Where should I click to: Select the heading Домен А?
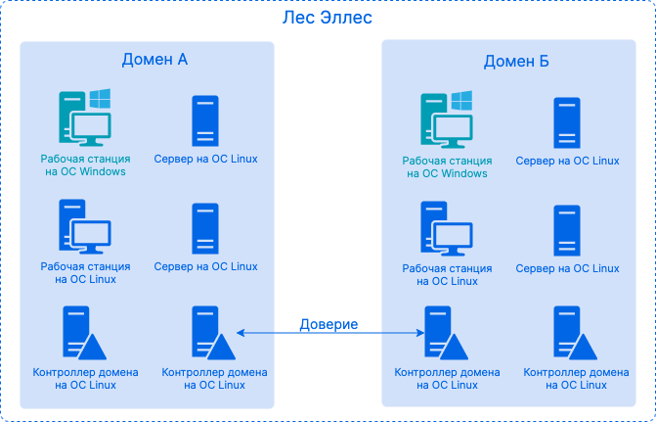coord(154,60)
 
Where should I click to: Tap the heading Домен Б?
coord(516,62)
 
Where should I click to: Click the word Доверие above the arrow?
coord(328,324)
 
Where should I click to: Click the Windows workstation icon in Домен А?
coord(83,118)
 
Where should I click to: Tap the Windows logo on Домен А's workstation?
coord(100,98)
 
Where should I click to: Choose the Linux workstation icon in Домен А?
coord(83,227)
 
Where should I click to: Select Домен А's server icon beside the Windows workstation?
coord(205,121)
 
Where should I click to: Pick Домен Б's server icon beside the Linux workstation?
coord(566,231)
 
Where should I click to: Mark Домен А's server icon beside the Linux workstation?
coord(205,229)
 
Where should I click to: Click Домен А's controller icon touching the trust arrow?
coord(210,334)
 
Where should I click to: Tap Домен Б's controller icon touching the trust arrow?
coord(443,334)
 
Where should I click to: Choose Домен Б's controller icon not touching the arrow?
coord(572,334)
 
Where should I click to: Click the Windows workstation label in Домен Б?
coord(446,166)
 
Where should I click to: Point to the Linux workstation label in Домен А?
coord(85,272)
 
